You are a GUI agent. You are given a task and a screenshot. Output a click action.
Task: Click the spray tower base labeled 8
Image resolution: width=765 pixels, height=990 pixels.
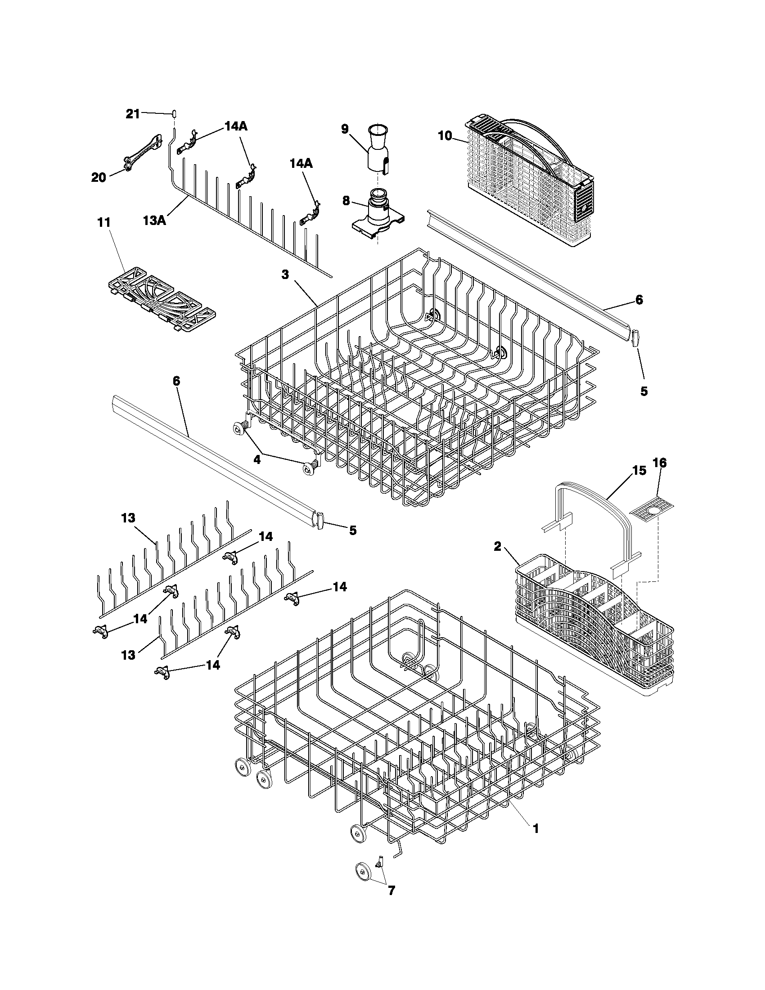pyautogui.click(x=376, y=213)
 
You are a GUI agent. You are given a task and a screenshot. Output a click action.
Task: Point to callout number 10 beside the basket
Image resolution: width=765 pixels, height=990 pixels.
pyautogui.click(x=445, y=135)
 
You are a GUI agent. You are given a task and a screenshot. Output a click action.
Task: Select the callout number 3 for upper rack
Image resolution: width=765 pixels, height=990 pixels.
pyautogui.click(x=284, y=274)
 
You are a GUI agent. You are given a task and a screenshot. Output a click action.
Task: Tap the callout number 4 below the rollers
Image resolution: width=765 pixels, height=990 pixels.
pyautogui.click(x=257, y=459)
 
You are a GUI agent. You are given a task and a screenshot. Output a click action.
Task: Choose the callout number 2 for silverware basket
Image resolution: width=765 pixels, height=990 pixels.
pyautogui.click(x=497, y=546)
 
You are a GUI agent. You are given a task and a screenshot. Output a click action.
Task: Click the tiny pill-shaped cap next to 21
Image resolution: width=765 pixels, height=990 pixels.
pyautogui.click(x=174, y=113)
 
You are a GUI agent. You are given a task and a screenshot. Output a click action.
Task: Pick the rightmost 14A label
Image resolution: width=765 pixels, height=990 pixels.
pyautogui.click(x=301, y=164)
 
